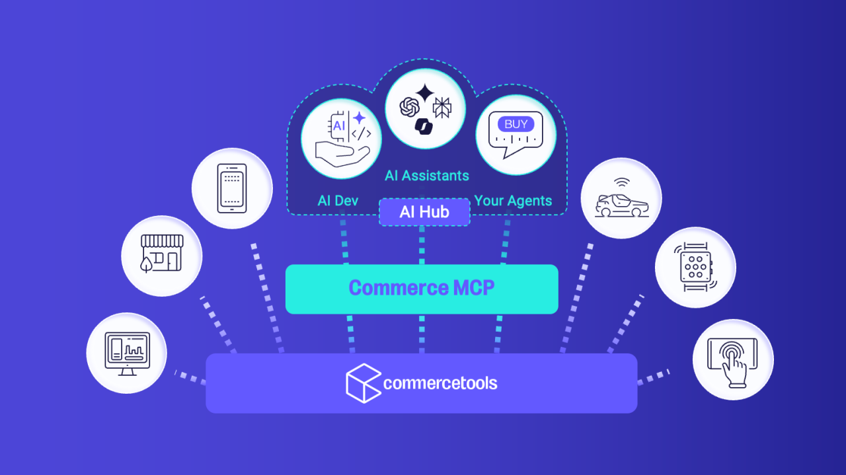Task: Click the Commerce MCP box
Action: point(422,289)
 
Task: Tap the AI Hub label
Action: point(424,212)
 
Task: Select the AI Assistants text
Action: point(427,176)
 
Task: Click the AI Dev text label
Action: point(338,201)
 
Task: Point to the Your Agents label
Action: point(513,201)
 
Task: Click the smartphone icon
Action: point(232,188)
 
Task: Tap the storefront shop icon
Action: point(161,255)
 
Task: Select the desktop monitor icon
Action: point(127,353)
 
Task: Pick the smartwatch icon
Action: point(695,268)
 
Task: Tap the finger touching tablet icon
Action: point(733,360)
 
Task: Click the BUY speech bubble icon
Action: point(516,135)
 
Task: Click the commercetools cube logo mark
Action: point(363,383)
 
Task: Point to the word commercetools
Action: point(440,383)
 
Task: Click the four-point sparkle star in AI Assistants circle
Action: point(424,93)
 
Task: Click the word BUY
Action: point(516,124)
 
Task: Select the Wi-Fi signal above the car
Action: point(620,182)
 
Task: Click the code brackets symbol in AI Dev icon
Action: point(361,134)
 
